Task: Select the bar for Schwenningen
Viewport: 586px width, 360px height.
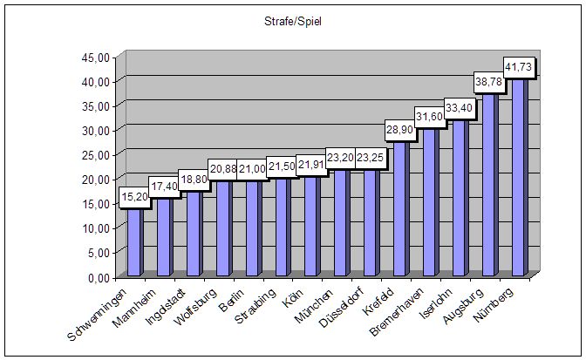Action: tap(133, 240)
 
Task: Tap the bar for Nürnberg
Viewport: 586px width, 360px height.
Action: tap(518, 174)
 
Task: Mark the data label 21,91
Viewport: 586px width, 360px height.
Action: tap(312, 164)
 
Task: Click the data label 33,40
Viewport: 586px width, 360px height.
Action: tap(460, 108)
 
